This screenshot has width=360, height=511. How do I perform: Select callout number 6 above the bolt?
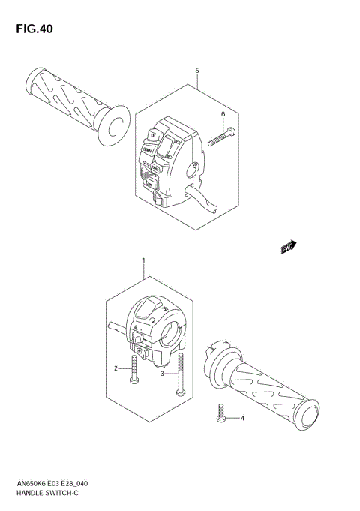coord(223,113)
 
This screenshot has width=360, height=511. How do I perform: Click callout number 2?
coord(116,368)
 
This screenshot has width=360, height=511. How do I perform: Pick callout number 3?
coord(163,373)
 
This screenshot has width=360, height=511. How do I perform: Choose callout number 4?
coord(242,418)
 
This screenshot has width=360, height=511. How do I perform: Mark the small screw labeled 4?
coord(222,413)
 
